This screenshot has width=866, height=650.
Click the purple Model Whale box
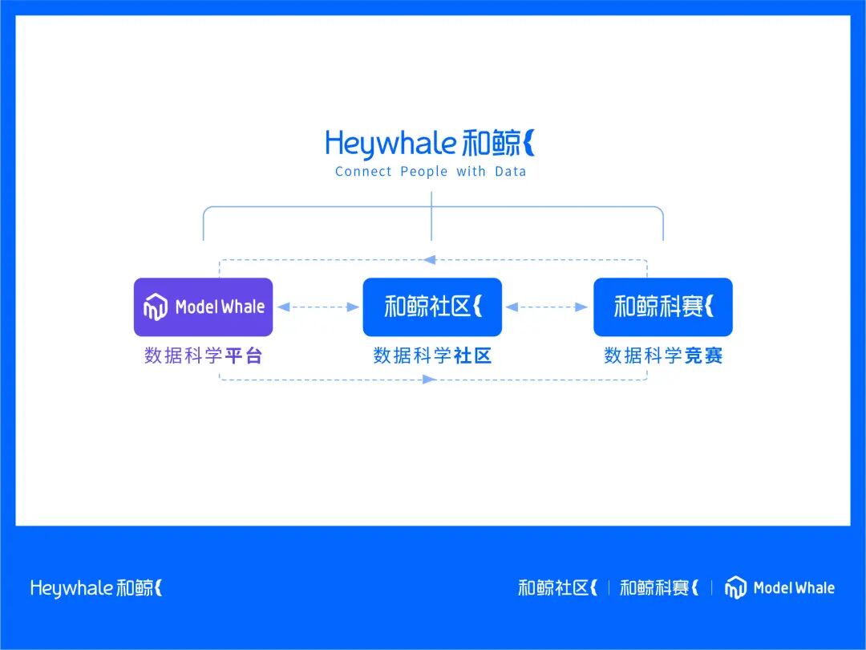tap(203, 307)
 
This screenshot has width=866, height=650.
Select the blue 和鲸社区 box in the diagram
tap(432, 307)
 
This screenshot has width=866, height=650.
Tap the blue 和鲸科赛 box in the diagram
tap(662, 307)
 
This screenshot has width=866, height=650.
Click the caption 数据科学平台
tap(203, 355)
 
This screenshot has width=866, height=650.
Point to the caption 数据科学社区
tap(432, 355)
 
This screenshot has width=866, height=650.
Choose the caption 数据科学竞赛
tap(663, 355)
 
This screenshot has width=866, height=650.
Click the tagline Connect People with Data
tap(431, 171)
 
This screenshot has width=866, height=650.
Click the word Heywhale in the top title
tap(391, 144)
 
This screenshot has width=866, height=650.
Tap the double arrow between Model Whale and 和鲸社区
tap(318, 307)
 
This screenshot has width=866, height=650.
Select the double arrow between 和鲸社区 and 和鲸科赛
tap(548, 307)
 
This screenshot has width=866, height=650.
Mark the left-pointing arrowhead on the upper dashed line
tap(430, 259)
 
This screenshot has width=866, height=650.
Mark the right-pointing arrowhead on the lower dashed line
tap(430, 379)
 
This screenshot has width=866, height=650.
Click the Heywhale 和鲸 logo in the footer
tap(96, 588)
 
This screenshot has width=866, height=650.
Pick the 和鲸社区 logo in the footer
tap(558, 588)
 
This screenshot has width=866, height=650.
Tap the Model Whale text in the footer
tap(794, 588)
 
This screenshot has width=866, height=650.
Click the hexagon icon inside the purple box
tap(156, 307)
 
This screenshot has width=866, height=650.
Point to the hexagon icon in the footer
tap(735, 588)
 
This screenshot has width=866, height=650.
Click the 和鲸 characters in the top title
tap(491, 144)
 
